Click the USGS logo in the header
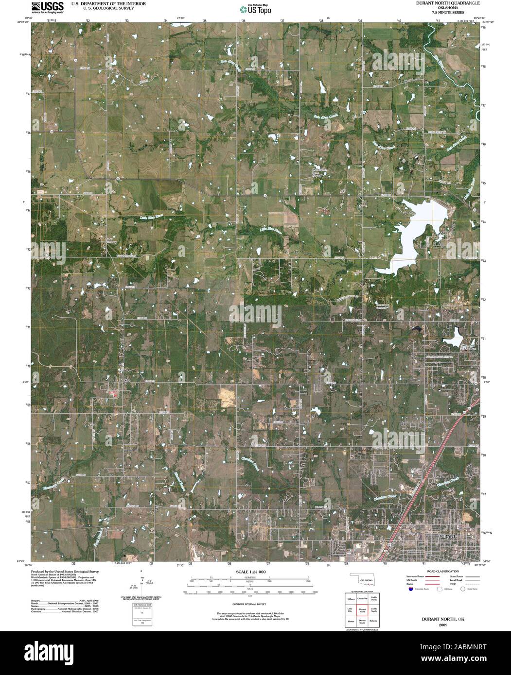(47, 7)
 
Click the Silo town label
(127, 380)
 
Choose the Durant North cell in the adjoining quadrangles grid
(362, 611)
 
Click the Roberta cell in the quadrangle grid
(373, 621)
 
